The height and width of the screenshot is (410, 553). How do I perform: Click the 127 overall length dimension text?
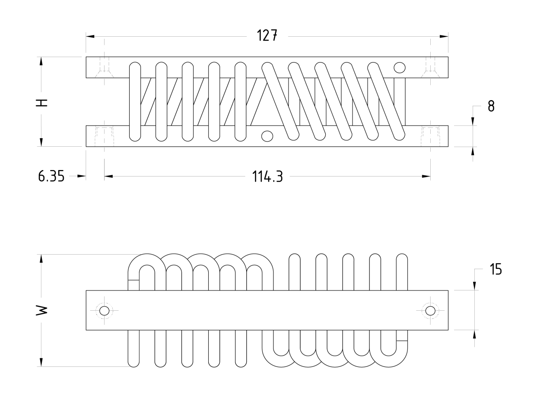(267, 35)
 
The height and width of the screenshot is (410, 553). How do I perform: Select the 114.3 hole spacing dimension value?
(267, 177)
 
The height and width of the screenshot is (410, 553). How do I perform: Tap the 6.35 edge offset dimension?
(51, 176)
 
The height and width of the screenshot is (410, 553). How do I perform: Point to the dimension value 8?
(491, 106)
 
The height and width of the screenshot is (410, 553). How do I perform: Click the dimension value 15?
(496, 269)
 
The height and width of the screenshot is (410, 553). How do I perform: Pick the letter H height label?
(41, 102)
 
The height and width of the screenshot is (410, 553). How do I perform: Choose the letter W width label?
(41, 310)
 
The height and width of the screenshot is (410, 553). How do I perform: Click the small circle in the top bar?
(400, 67)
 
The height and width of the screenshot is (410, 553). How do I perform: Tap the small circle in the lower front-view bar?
(267, 136)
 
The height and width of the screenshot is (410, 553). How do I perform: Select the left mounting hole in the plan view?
(104, 311)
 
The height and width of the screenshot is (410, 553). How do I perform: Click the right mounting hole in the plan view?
(430, 311)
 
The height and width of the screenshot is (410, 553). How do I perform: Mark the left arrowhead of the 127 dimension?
(90, 36)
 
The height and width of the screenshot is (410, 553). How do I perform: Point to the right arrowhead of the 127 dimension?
(444, 36)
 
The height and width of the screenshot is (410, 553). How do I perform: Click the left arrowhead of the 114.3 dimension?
(108, 176)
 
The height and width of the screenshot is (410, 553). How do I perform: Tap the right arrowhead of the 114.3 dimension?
(426, 176)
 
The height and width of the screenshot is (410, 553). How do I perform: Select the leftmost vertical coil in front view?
(135, 101)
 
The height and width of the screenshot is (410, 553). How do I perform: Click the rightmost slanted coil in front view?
(386, 101)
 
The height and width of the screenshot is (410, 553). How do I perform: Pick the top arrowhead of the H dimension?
(41, 61)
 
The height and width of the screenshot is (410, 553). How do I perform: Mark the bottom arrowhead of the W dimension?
(41, 362)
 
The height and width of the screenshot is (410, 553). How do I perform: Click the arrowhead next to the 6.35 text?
(81, 176)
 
